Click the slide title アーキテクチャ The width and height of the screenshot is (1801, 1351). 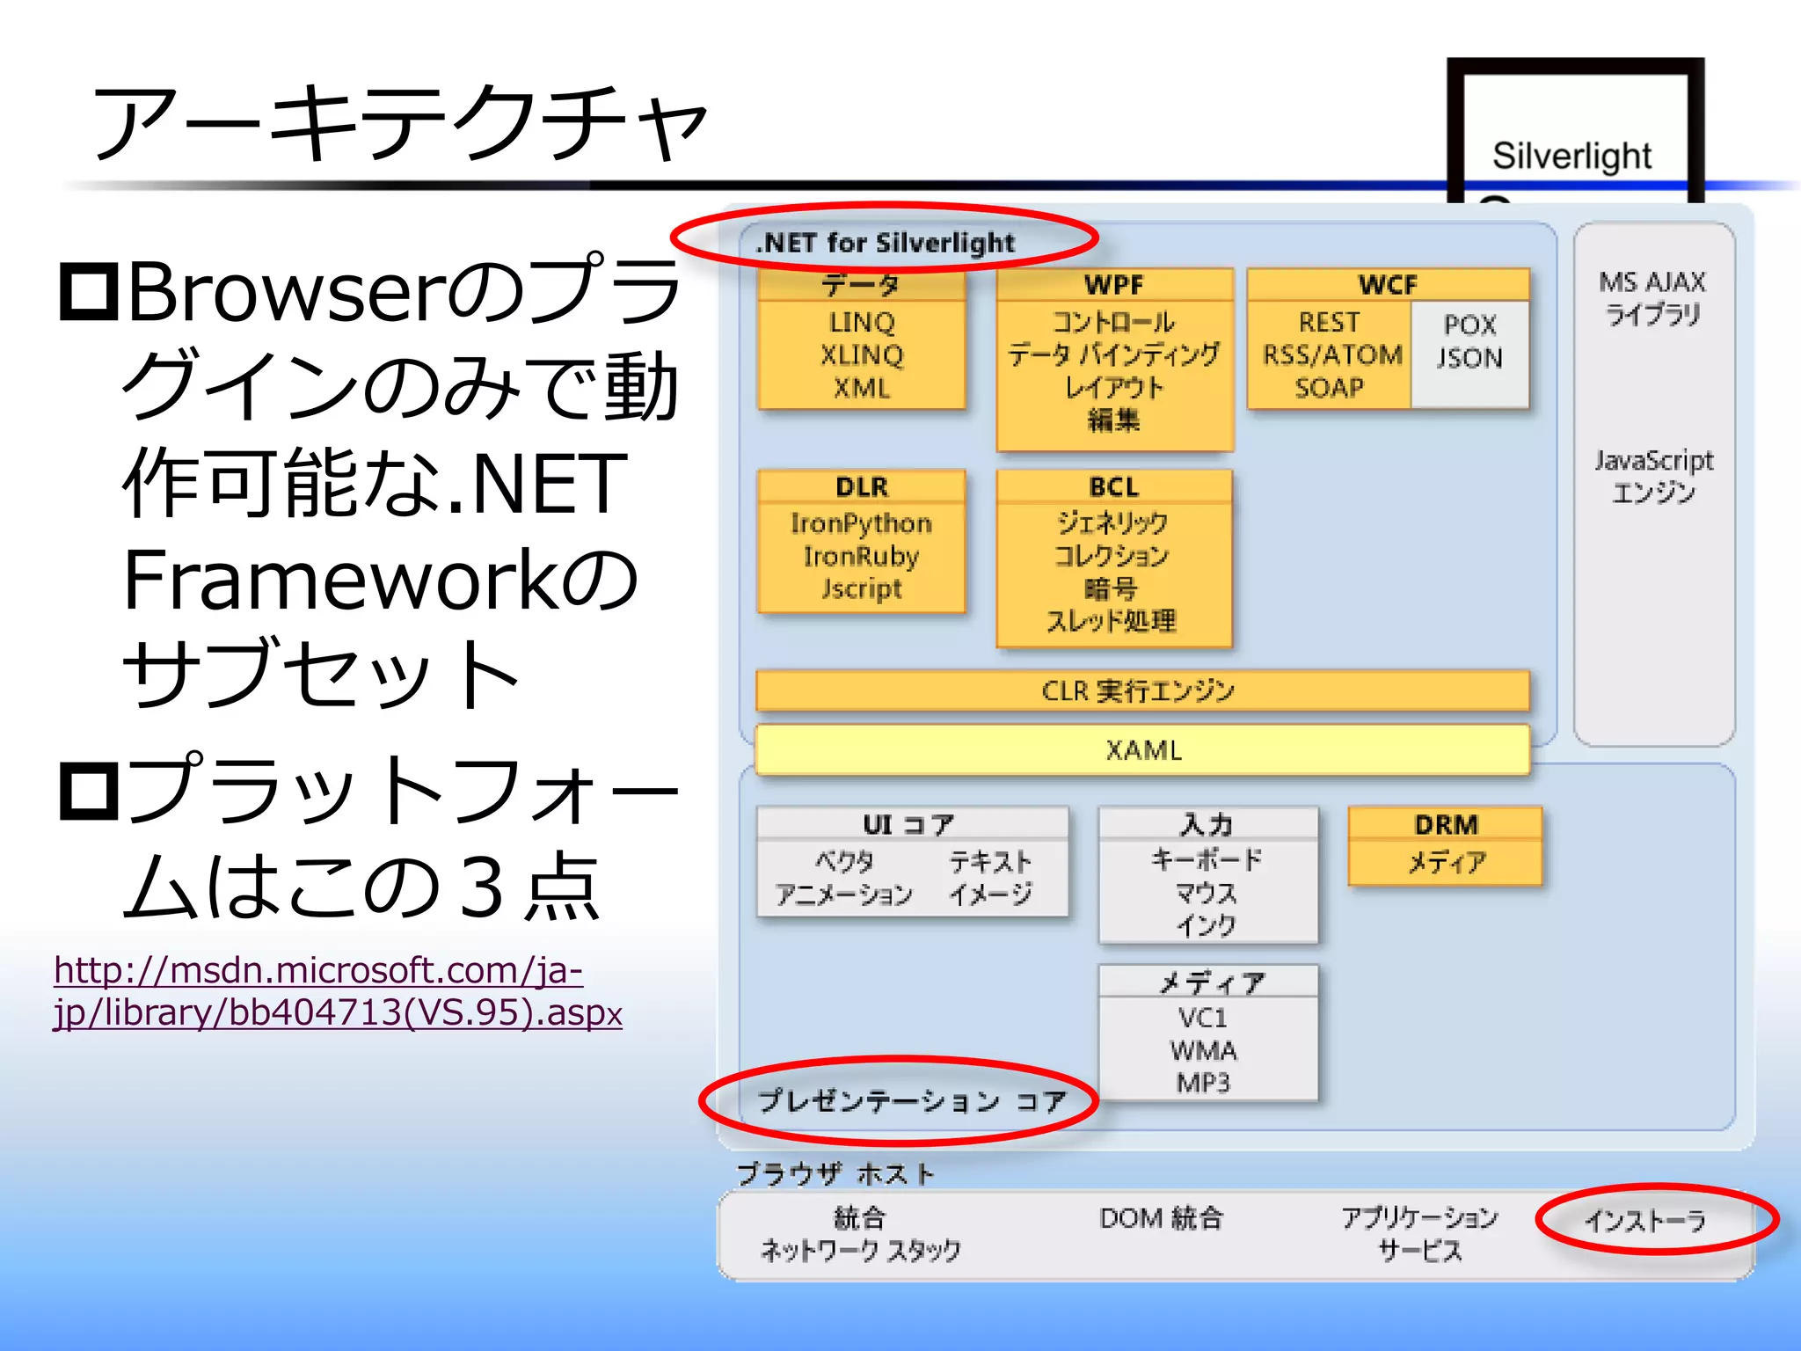pyautogui.click(x=400, y=123)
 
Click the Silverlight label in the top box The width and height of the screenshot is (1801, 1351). pyautogui.click(x=1571, y=156)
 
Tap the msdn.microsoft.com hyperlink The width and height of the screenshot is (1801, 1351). pyautogui.click(x=338, y=991)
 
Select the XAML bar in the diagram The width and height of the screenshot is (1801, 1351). pyautogui.click(x=1142, y=750)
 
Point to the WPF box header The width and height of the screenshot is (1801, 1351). pyautogui.click(x=1114, y=285)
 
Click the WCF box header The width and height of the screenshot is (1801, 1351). pyautogui.click(x=1388, y=285)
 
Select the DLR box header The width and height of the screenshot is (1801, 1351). pyautogui.click(x=862, y=486)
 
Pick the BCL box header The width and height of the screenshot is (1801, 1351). pyautogui.click(x=1114, y=486)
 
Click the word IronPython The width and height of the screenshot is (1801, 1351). pyautogui.click(x=861, y=523)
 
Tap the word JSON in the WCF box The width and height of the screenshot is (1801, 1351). pyautogui.click(x=1469, y=358)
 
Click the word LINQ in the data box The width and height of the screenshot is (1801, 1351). pyautogui.click(x=861, y=322)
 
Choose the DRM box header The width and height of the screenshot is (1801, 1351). pyautogui.click(x=1446, y=825)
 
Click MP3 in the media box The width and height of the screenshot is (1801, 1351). pyautogui.click(x=1203, y=1083)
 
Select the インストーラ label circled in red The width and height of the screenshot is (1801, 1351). pyautogui.click(x=1645, y=1221)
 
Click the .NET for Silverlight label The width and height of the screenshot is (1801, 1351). pyautogui.click(x=885, y=243)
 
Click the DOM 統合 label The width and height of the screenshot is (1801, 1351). pyautogui.click(x=1162, y=1218)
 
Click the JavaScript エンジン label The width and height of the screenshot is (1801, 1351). pyautogui.click(x=1653, y=476)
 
